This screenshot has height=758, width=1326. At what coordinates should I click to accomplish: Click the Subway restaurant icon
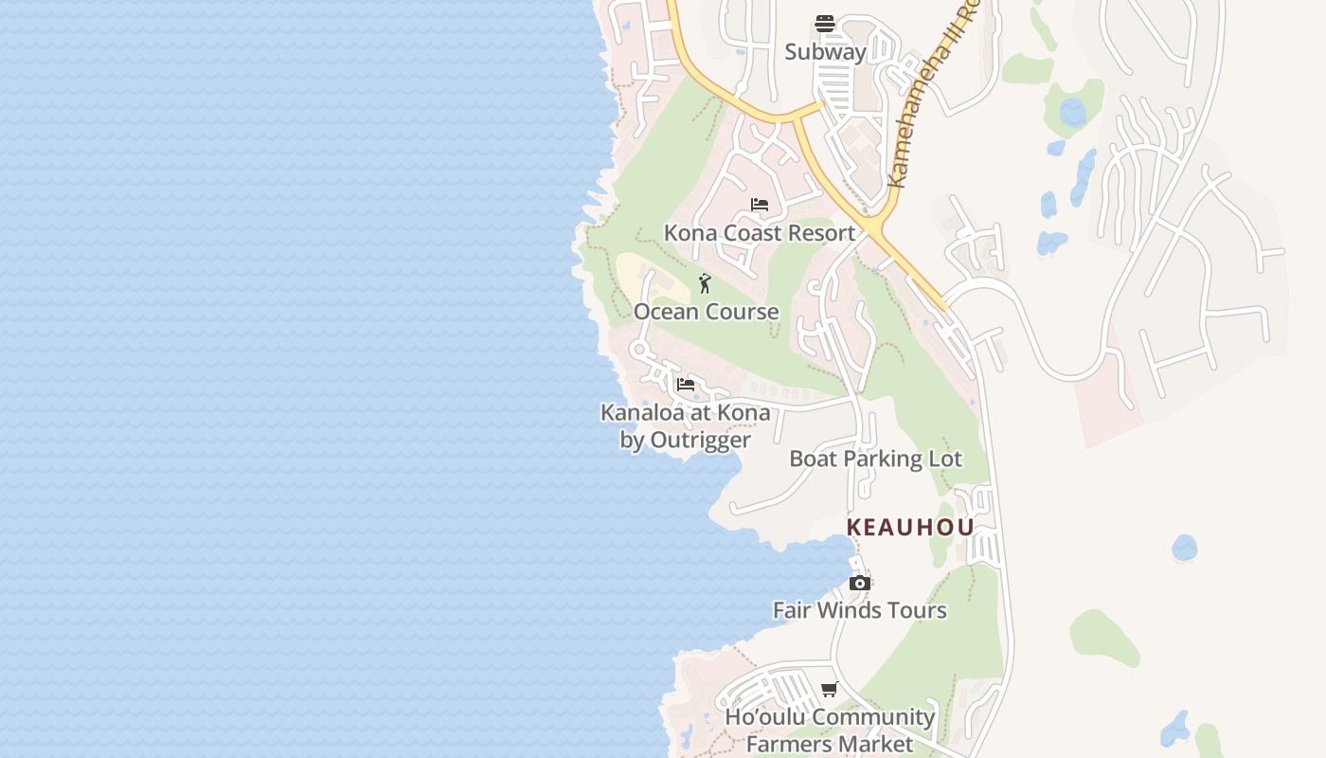coord(825,24)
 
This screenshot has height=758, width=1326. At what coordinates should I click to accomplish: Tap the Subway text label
coord(825,52)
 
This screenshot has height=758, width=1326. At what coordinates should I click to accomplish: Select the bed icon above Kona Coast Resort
coord(760,205)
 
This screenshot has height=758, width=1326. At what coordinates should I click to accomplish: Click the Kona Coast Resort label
coord(759,233)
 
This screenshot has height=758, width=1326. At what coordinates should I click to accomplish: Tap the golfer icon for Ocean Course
coord(705,283)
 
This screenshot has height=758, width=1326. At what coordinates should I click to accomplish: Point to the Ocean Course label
coord(706,312)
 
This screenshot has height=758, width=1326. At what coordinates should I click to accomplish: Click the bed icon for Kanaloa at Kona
coord(686,385)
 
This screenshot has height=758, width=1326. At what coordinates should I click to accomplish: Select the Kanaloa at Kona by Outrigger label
coord(685,426)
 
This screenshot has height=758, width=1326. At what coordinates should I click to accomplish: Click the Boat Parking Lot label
coord(875,459)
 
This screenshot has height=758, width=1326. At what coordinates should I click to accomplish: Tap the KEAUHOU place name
coord(910,528)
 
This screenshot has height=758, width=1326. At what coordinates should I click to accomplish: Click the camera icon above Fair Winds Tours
coord(859,583)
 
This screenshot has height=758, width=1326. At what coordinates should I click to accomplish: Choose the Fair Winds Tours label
coord(859,610)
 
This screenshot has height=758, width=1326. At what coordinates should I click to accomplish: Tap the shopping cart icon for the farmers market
coord(830,690)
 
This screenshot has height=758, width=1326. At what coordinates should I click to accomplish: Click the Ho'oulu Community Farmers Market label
coord(830,731)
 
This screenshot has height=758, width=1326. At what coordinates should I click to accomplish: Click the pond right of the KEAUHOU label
coord(1184,548)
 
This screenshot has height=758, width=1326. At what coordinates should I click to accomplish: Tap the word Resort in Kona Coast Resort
coord(820,233)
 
